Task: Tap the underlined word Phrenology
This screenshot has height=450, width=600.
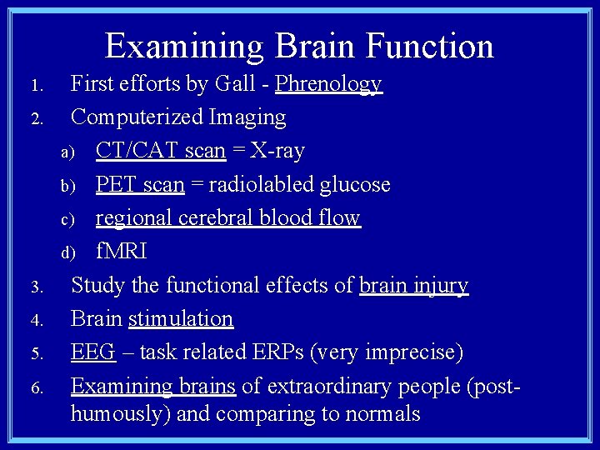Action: [x=328, y=84]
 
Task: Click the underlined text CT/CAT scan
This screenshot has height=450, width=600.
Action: [x=160, y=151]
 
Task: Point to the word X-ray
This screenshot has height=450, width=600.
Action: [x=278, y=151]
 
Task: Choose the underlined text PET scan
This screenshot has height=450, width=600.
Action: [x=140, y=184]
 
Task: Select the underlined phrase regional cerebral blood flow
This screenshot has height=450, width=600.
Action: [x=227, y=218]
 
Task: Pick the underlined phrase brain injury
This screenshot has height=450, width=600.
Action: [x=413, y=286]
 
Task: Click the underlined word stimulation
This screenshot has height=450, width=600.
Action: [x=181, y=319]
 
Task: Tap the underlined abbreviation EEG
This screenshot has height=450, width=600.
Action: [x=92, y=352]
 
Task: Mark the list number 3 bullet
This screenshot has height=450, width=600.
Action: [x=37, y=288]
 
